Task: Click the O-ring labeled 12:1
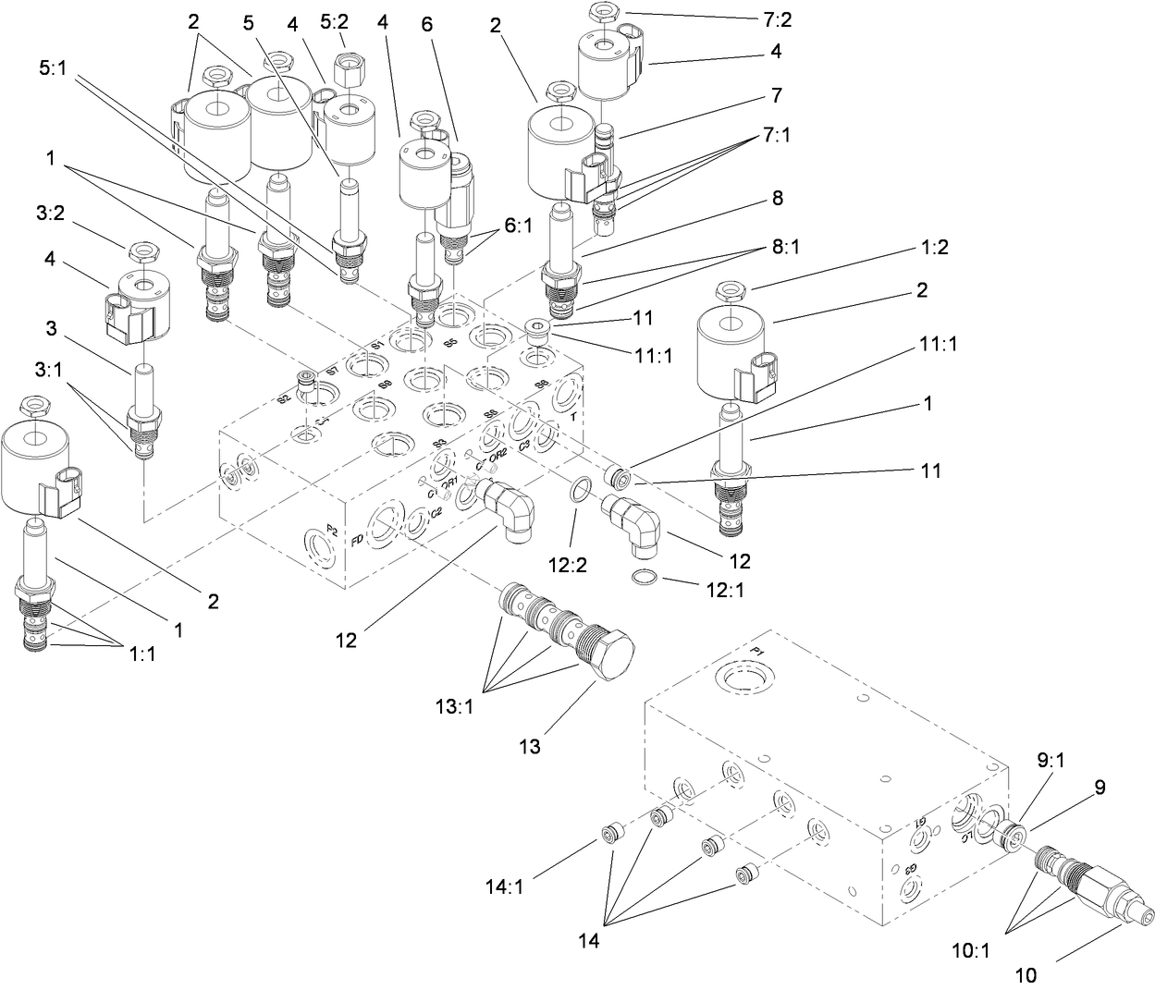pyautogui.click(x=645, y=579)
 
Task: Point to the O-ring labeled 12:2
pyautogui.click(x=576, y=488)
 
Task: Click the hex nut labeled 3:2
pyautogui.click(x=145, y=251)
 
